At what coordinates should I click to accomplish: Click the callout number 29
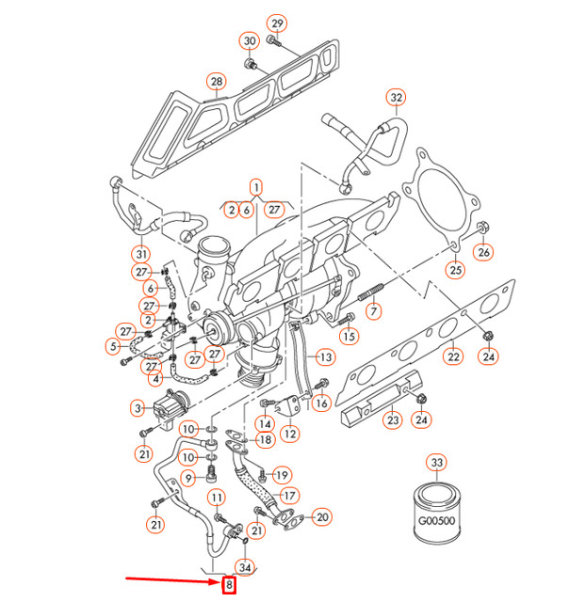(x=276, y=23)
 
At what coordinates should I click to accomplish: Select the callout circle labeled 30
(x=250, y=41)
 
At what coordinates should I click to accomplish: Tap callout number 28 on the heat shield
(x=217, y=82)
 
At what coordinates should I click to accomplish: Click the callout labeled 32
(x=396, y=98)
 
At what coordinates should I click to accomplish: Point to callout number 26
(x=483, y=251)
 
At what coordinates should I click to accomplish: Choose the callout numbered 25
(x=456, y=271)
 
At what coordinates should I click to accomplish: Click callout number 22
(x=453, y=356)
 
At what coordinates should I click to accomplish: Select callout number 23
(x=392, y=420)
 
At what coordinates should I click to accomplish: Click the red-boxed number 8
(x=229, y=587)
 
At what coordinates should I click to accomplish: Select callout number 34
(x=246, y=566)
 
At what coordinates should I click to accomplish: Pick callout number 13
(x=325, y=357)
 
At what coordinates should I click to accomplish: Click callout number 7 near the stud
(x=374, y=310)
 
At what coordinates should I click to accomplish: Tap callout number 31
(x=141, y=254)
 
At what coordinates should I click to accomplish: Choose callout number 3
(x=138, y=407)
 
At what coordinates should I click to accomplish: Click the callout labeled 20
(x=322, y=516)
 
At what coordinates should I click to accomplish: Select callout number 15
(x=349, y=336)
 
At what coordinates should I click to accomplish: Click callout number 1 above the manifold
(x=254, y=186)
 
